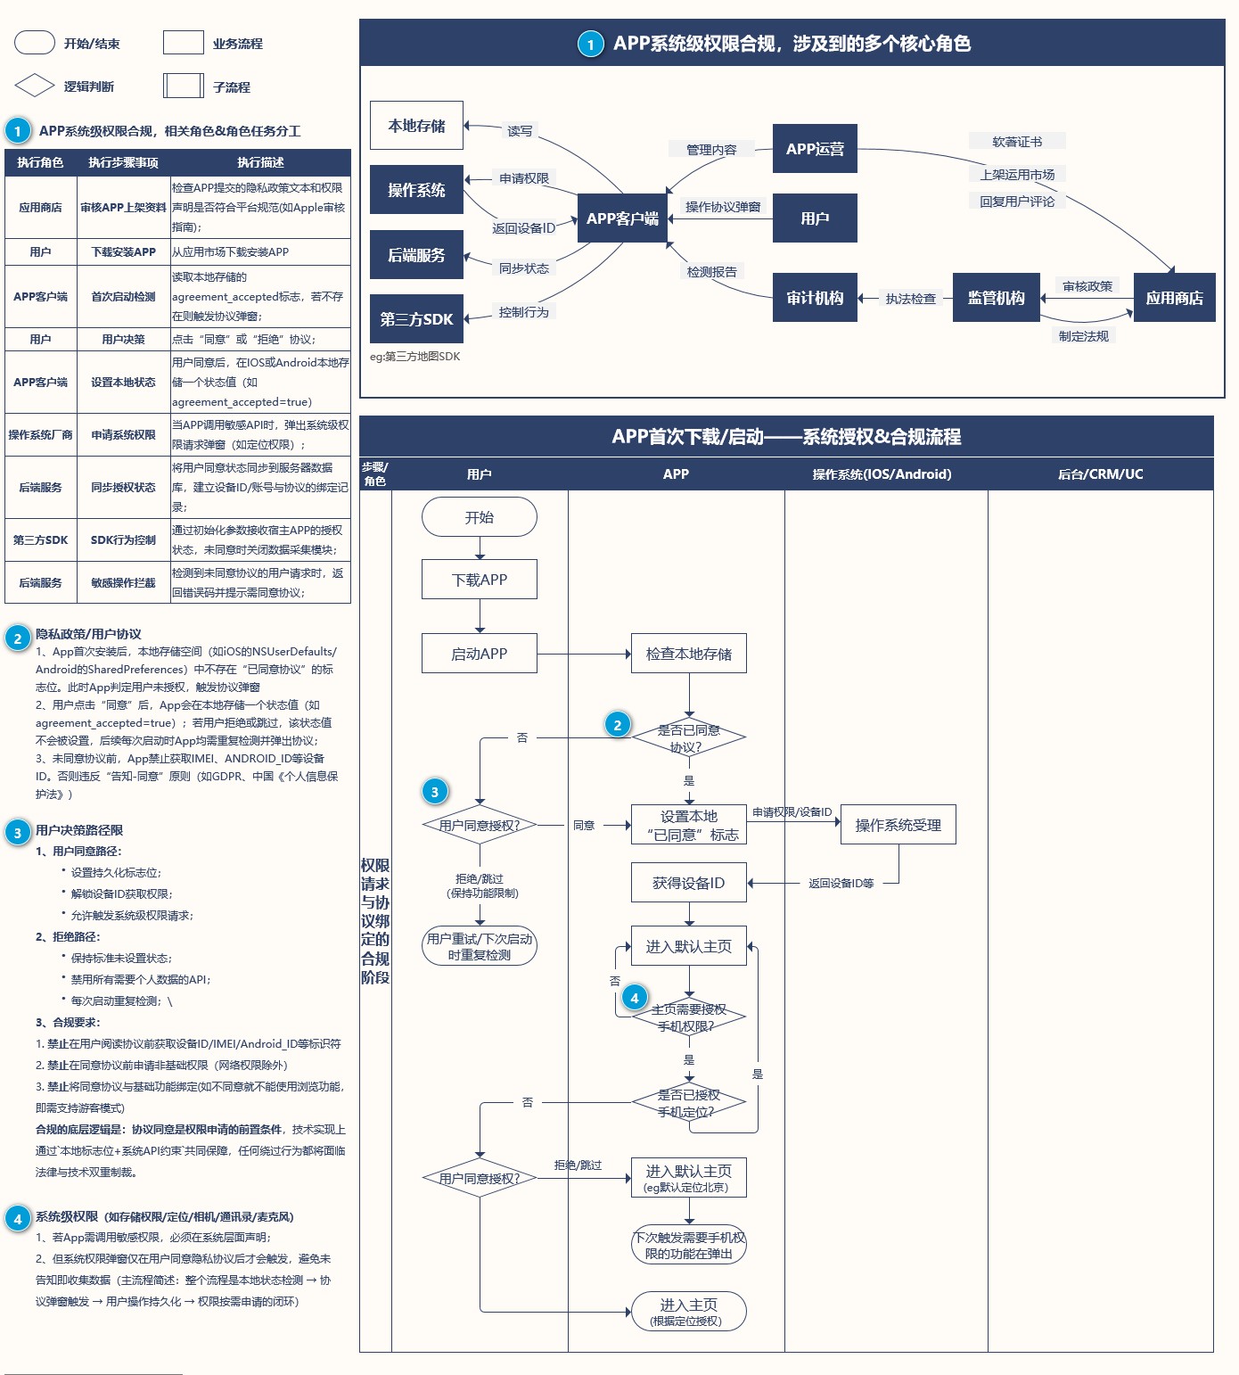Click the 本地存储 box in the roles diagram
[416, 126]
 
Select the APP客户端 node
[622, 218]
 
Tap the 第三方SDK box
[416, 319]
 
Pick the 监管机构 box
[996, 298]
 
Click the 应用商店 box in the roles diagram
[1174, 298]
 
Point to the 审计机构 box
[815, 298]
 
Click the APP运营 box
[815, 149]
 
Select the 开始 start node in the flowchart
[480, 517]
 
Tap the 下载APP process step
[480, 580]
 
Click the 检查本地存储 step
[689, 654]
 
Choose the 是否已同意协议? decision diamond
[689, 737]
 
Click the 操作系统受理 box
[898, 825]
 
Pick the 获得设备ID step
[689, 883]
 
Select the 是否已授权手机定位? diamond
[689, 1103]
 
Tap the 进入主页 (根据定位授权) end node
[689, 1312]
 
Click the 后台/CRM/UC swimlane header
[1100, 474]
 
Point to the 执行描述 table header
[260, 162]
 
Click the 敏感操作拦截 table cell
[123, 583]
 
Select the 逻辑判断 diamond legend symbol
[35, 86]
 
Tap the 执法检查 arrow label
[911, 299]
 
